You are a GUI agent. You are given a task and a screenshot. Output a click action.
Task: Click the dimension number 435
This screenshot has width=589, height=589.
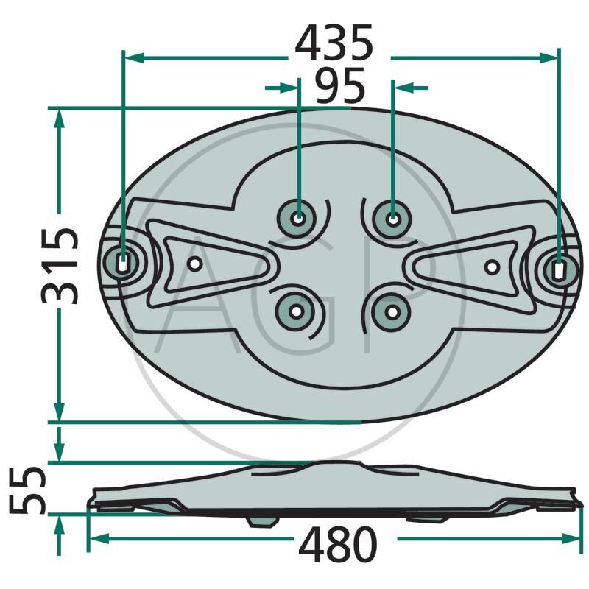point(334,43)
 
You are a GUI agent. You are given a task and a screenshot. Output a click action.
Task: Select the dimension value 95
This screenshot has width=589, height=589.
point(340,85)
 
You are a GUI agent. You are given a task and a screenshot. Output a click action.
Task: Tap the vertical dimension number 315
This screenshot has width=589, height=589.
point(60,266)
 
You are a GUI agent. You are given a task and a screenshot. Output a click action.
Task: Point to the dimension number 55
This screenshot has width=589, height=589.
point(27,490)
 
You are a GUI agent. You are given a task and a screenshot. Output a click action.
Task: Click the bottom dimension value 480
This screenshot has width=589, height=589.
point(338,543)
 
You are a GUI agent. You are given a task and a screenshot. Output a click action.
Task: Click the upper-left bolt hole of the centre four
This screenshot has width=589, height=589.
point(298,218)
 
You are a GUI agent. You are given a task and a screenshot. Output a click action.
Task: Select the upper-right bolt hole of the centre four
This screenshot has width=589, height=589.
point(392,219)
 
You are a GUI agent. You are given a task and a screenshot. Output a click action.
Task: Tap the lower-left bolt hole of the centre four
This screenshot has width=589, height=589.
point(296,311)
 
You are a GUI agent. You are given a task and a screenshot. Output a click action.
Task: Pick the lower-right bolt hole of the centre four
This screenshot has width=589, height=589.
point(392,312)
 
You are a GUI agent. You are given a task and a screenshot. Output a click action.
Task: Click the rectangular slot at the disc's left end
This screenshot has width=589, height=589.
point(122,263)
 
